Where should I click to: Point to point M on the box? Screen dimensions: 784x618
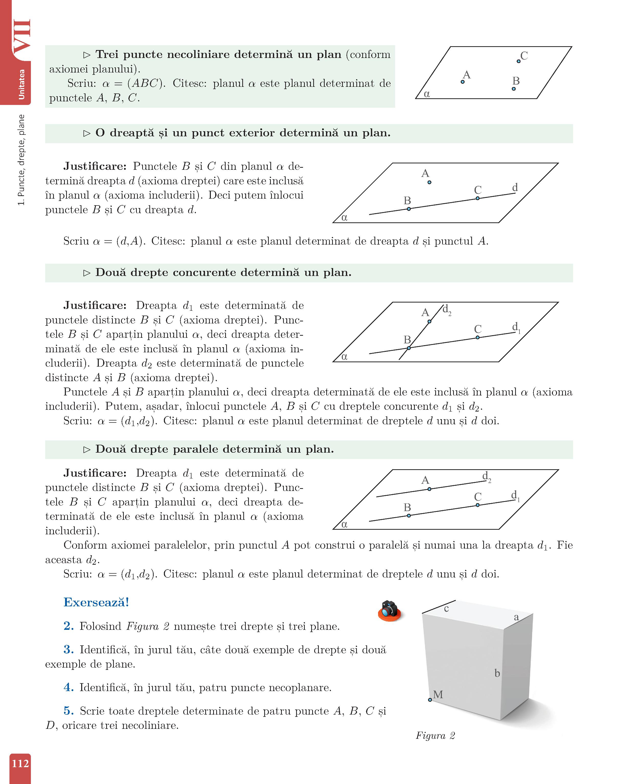[430, 700]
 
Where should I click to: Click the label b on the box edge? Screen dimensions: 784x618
[497, 673]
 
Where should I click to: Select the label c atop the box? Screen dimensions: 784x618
[446, 609]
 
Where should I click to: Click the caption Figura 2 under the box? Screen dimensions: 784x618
[435, 735]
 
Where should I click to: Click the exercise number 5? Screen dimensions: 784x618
[69, 711]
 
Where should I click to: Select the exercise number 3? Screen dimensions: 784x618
[69, 650]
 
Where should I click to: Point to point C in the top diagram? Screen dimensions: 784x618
[518, 61]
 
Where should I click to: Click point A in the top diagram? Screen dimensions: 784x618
[462, 82]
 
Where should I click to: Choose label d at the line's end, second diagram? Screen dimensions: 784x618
[515, 187]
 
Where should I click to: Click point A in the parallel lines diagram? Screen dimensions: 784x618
[430, 489]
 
